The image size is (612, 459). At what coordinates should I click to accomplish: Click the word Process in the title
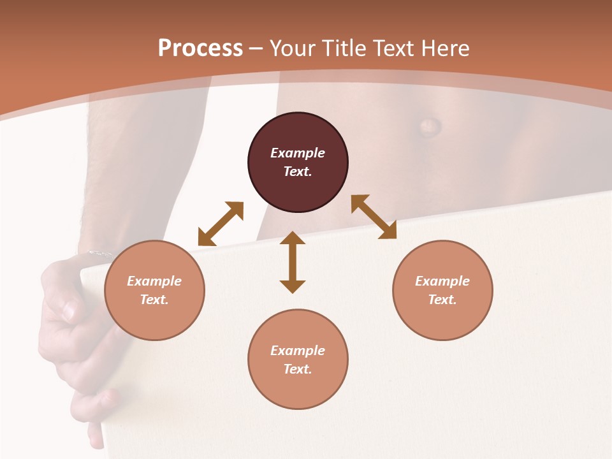click(200, 48)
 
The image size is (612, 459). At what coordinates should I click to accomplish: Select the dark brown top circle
click(298, 163)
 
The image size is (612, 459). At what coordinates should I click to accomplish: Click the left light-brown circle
click(154, 290)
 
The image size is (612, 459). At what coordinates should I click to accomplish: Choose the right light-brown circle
click(442, 290)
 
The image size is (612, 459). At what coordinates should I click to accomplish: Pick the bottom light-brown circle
click(298, 360)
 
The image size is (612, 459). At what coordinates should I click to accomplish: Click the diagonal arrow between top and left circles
click(221, 224)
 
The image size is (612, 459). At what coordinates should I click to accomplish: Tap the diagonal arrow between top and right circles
click(374, 217)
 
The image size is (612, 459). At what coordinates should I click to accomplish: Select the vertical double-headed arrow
click(293, 262)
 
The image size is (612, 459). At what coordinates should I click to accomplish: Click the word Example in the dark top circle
click(298, 153)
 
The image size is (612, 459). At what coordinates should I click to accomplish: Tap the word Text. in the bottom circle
click(298, 369)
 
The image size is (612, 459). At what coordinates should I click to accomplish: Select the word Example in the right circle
click(442, 281)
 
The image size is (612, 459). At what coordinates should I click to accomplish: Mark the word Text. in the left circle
click(154, 300)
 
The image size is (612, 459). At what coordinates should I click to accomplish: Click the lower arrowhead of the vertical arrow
click(293, 286)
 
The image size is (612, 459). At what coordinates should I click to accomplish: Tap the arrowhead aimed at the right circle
click(388, 231)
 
